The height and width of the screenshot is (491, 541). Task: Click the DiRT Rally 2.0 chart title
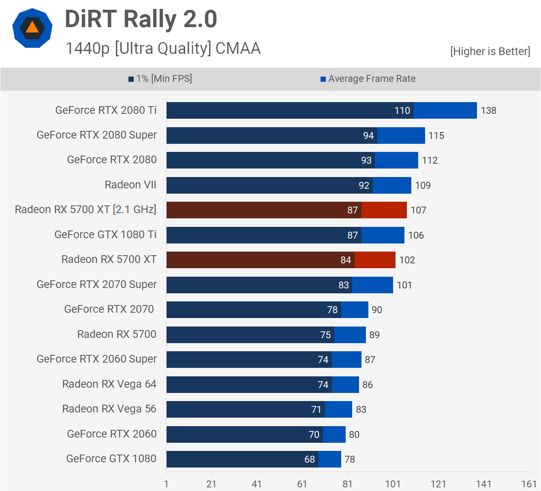(141, 19)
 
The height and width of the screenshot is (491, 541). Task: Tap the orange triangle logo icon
(32, 28)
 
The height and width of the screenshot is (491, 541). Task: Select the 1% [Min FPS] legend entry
(160, 79)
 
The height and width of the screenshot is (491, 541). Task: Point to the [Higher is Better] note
(490, 51)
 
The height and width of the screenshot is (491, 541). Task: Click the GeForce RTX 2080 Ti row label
(106, 110)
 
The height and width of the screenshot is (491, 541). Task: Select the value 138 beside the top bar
(488, 111)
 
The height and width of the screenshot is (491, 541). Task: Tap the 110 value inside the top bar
(402, 111)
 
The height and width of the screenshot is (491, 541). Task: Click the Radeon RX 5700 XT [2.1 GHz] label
(86, 209)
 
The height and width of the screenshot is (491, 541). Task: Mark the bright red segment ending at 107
(384, 210)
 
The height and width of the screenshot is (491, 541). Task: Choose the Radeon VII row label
(130, 185)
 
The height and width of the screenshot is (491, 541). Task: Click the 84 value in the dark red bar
(346, 260)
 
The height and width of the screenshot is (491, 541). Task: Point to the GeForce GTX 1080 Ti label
(105, 235)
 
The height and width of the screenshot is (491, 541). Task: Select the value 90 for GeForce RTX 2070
(377, 310)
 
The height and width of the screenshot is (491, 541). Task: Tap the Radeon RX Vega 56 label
(109, 409)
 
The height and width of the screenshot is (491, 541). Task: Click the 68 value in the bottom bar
(310, 459)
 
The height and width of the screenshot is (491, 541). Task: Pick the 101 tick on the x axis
(393, 484)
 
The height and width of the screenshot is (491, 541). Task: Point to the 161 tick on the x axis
(528, 484)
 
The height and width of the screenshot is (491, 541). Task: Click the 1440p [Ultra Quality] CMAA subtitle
(163, 48)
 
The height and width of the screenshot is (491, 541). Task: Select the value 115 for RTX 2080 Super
(436, 136)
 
